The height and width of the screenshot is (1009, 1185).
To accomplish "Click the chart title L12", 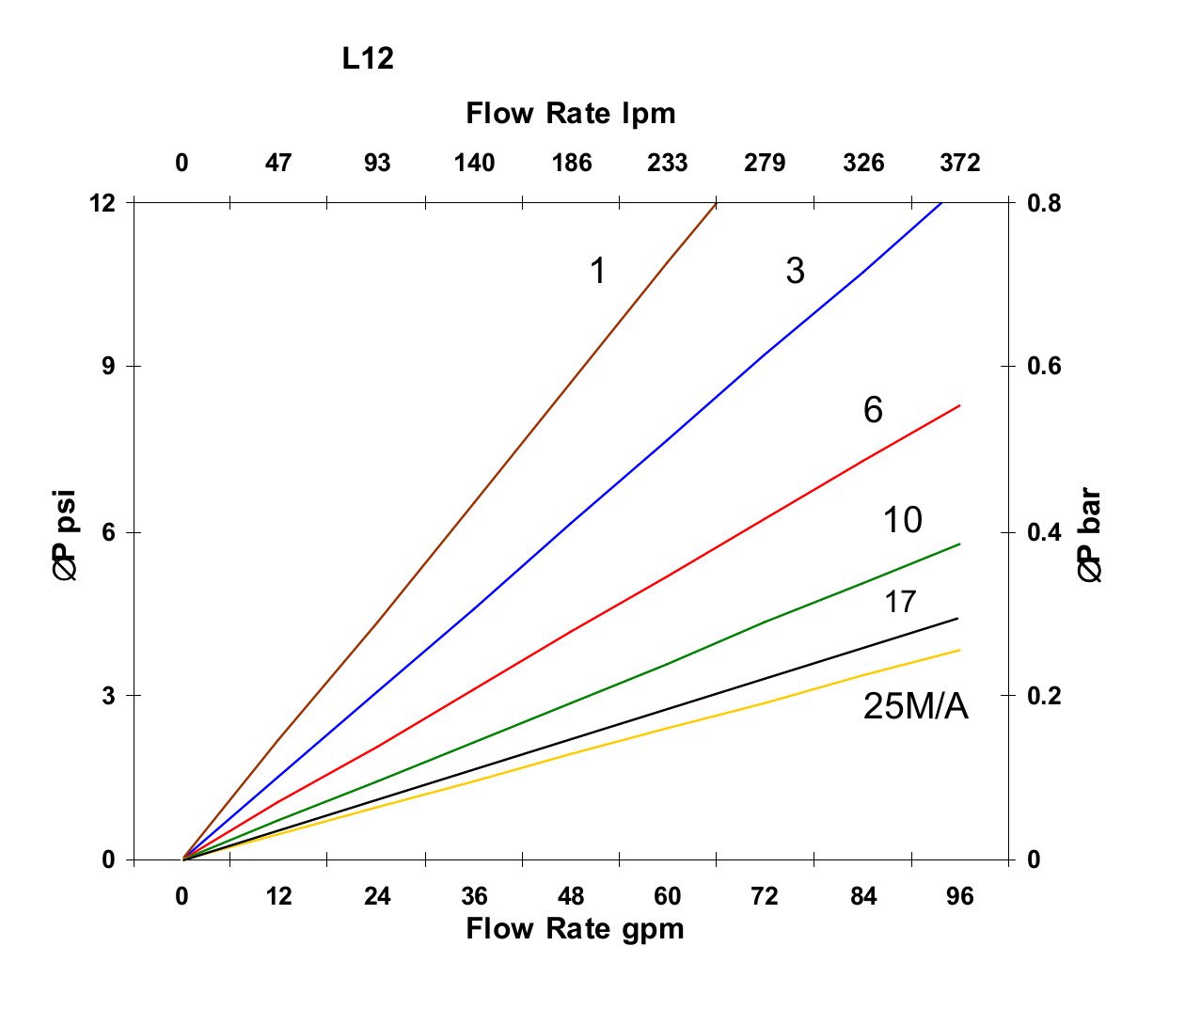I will pyautogui.click(x=368, y=59).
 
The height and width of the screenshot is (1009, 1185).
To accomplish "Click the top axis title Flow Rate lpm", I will pyautogui.click(x=571, y=114).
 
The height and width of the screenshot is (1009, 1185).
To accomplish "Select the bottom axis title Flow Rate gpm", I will pyautogui.click(x=575, y=929).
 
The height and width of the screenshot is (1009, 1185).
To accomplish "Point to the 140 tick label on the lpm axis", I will pyautogui.click(x=474, y=164).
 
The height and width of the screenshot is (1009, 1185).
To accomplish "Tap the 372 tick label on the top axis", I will pyautogui.click(x=959, y=164).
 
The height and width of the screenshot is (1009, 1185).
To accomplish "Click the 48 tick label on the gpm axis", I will pyautogui.click(x=571, y=896).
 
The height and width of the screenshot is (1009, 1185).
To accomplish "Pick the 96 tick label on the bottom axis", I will pyautogui.click(x=959, y=896).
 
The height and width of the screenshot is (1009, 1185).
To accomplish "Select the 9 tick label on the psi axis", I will pyautogui.click(x=108, y=366).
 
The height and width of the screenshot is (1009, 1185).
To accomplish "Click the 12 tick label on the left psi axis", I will pyautogui.click(x=103, y=202).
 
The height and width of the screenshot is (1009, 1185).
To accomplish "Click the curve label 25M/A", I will pyautogui.click(x=915, y=706).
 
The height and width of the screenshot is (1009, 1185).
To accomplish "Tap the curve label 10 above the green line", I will pyautogui.click(x=902, y=520).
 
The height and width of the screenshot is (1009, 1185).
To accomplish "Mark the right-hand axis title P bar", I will pyautogui.click(x=1088, y=536).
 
